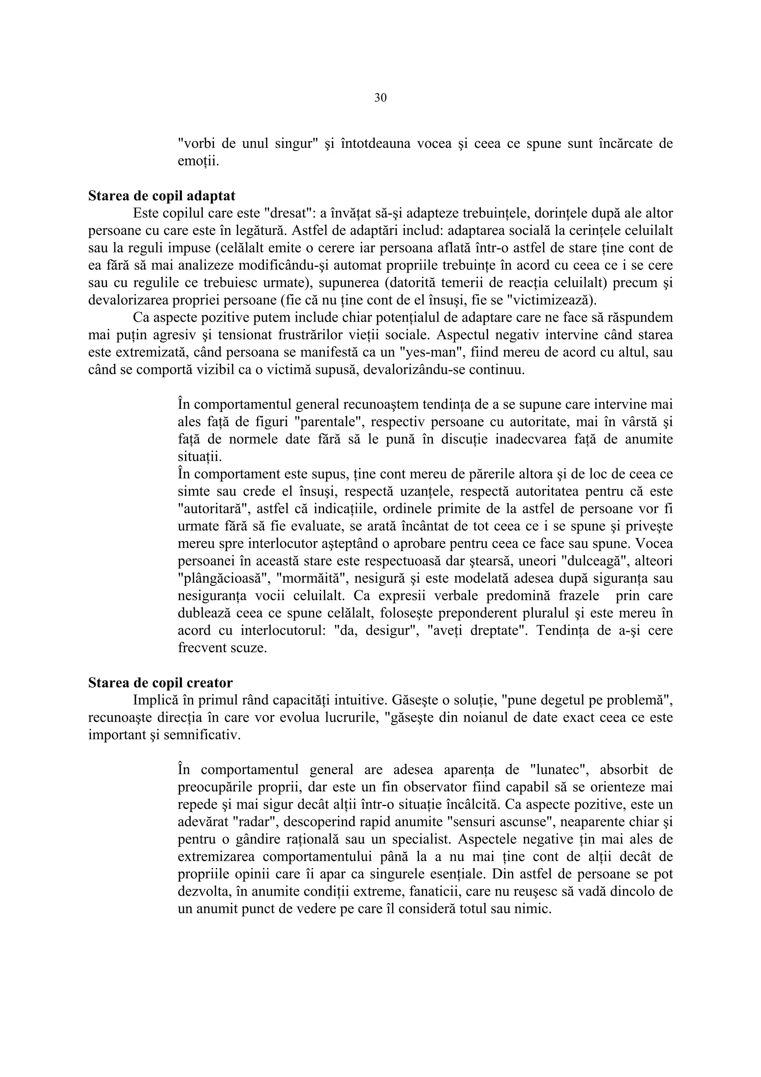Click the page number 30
pyautogui.click(x=380, y=98)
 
